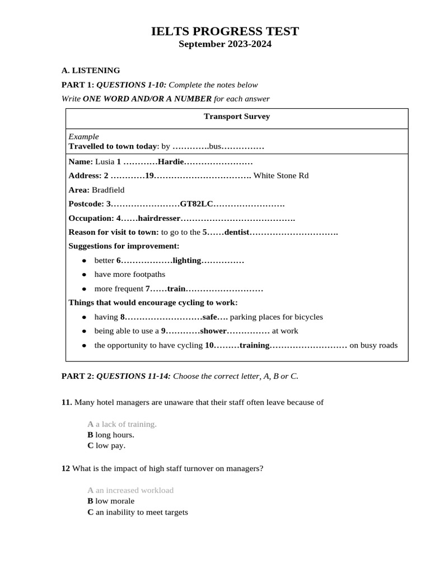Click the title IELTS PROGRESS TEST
pyautogui.click(x=225, y=31)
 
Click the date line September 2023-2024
pyautogui.click(x=225, y=45)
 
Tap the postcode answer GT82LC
pyautogui.click(x=197, y=204)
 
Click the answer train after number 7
pyautogui.click(x=176, y=289)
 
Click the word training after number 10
pyautogui.click(x=255, y=345)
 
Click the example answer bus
pyautogui.click(x=216, y=146)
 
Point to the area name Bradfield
pyautogui.click(x=108, y=190)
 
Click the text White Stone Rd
pyautogui.click(x=281, y=175)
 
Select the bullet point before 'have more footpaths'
pyautogui.click(x=84, y=275)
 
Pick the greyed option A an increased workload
pyautogui.click(x=130, y=490)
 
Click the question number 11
pyautogui.click(x=67, y=402)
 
